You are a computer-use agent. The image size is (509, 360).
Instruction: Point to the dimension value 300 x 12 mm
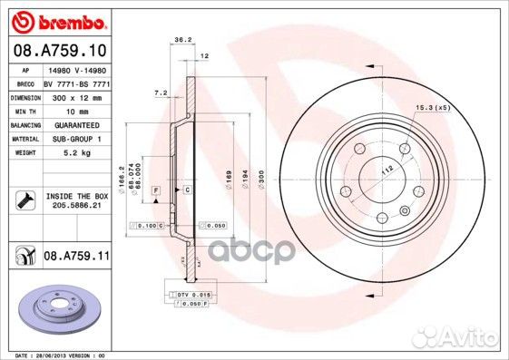tap(73, 95)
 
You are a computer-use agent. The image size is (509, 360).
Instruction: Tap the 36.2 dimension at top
tap(181, 39)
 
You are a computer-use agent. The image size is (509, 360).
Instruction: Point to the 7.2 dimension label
tap(162, 92)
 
